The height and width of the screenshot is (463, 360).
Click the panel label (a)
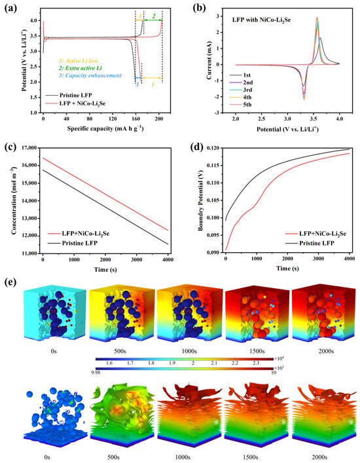[x=11, y=8]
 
